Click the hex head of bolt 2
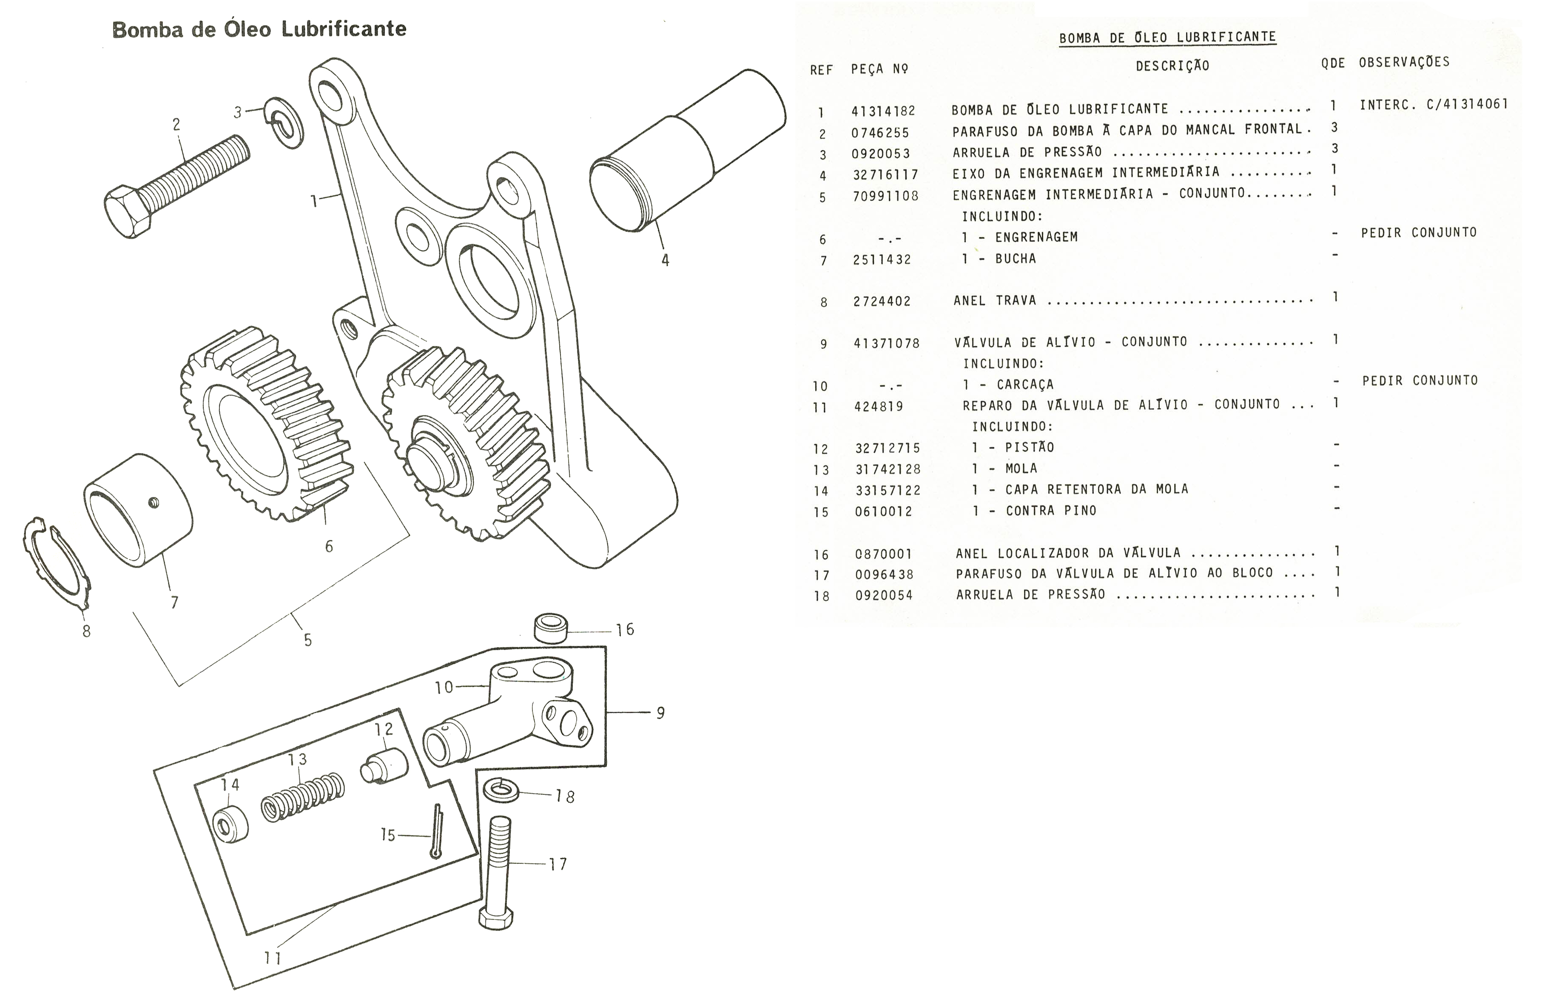point(128,212)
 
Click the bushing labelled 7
point(138,511)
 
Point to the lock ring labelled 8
point(57,562)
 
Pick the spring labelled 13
point(302,797)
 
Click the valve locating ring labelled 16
point(550,628)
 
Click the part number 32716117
point(885,175)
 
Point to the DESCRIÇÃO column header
point(1172,66)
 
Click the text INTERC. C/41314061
point(1433,104)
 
